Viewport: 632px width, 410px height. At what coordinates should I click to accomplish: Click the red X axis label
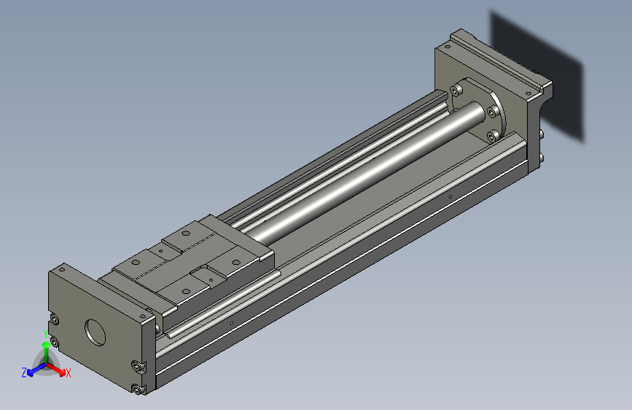point(68,373)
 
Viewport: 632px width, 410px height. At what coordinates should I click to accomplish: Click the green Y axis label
point(46,334)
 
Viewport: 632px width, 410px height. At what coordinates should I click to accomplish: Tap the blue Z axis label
point(24,373)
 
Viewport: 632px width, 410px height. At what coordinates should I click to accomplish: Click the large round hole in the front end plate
point(95,332)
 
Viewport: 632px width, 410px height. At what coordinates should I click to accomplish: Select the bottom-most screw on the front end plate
point(138,390)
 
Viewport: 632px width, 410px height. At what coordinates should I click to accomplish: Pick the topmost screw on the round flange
point(456,90)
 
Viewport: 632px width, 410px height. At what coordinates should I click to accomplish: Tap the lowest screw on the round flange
point(493,137)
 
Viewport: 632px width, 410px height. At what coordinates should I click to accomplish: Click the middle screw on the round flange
point(493,112)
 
